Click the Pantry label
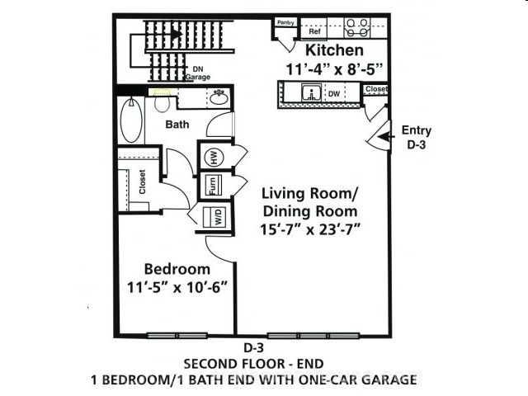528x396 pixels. pos(285,22)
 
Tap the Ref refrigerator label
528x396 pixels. pos(315,31)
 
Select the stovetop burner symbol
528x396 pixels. pos(357,27)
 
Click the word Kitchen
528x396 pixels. pos(334,50)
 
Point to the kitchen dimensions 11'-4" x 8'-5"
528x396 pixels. pos(334,69)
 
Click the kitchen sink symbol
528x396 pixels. pos(312,92)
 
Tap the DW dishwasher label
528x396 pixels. pos(334,94)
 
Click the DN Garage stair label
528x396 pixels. pos(198,73)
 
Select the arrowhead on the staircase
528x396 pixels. pos(176,34)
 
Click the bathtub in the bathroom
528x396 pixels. pos(131,120)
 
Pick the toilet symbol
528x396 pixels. pos(162,101)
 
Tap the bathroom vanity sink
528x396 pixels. pos(219,97)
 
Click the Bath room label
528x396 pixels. pos(177,125)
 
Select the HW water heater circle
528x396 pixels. pos(214,157)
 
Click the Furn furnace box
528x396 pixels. pos(214,185)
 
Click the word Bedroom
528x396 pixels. pos(177,270)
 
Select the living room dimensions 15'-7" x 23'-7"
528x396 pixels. pos(310,229)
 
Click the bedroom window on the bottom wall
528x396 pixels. pos(177,336)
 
